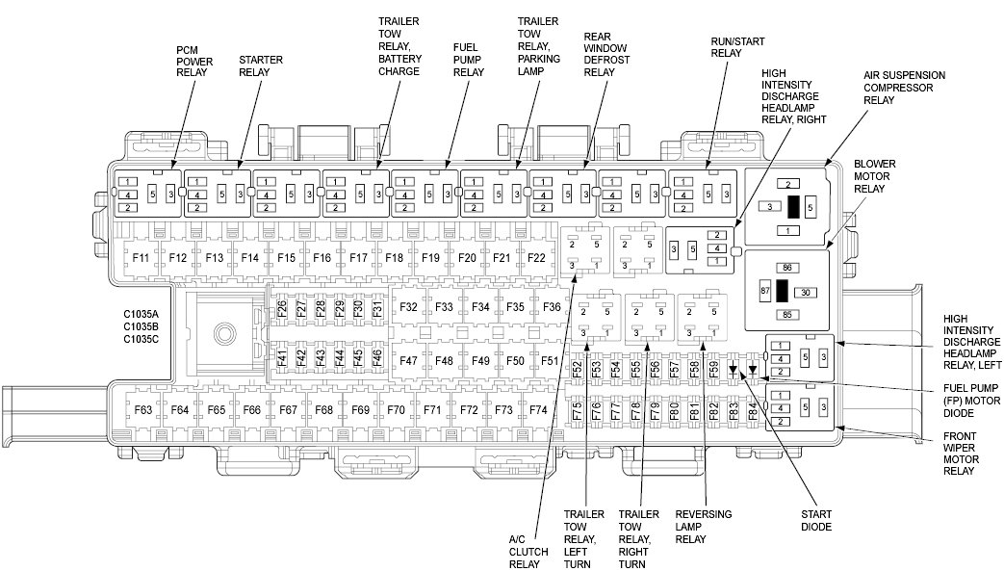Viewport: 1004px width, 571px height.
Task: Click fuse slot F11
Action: [x=142, y=258]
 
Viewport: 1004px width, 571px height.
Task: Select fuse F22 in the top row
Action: [x=536, y=258]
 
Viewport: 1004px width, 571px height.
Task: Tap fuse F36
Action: [x=551, y=307]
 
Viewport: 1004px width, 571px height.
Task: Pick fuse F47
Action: [x=408, y=360]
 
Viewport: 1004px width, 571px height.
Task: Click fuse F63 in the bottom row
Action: [x=143, y=410]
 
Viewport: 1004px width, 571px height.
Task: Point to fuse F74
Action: [x=537, y=410]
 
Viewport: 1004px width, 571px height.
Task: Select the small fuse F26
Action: [x=281, y=308]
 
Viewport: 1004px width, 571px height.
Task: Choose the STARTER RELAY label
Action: [x=260, y=66]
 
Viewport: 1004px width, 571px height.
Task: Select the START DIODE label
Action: [x=815, y=520]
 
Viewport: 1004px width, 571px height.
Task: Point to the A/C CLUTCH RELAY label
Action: [x=528, y=552]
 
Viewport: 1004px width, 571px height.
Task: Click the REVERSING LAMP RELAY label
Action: [x=704, y=526]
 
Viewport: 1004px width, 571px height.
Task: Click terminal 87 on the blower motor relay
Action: [x=766, y=289]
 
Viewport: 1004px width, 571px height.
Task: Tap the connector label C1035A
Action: [x=142, y=314]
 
